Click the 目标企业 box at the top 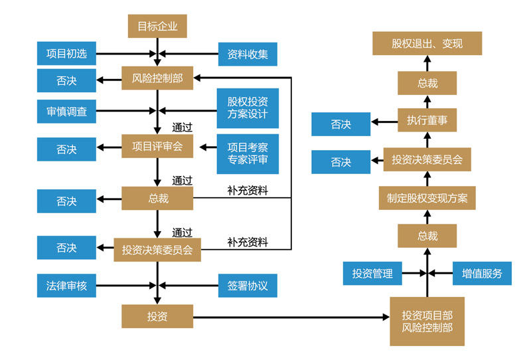click(157, 27)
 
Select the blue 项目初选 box click(66, 54)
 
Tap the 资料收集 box click(248, 54)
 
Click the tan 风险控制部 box click(157, 80)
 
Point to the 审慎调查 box click(66, 110)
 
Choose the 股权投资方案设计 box click(248, 108)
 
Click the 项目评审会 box click(157, 146)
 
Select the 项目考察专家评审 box click(248, 153)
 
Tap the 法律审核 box click(66, 286)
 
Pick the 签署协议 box click(248, 286)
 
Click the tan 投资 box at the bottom click(157, 316)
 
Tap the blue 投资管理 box click(372, 273)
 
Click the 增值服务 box click(482, 273)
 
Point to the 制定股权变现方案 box click(427, 198)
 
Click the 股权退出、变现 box click(427, 44)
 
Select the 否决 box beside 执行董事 click(341, 124)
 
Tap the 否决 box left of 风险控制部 click(66, 81)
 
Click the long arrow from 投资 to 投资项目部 click(292, 317)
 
